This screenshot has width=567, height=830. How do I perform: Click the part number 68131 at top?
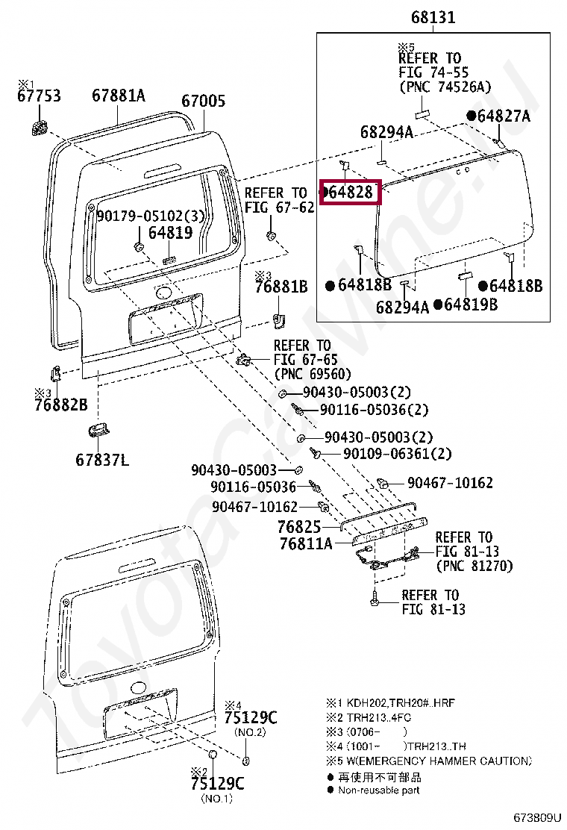433,18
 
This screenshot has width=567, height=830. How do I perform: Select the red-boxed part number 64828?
351,192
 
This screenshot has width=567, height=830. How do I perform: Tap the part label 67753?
40,96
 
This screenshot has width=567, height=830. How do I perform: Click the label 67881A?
119,96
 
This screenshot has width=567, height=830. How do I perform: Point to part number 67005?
203,101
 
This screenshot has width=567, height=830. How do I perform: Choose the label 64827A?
504,116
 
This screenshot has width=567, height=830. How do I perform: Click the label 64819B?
471,305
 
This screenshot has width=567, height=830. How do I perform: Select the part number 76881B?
281,286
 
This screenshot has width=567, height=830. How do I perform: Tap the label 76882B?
60,405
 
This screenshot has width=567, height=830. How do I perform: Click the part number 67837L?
101,460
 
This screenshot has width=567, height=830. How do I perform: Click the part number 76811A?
306,544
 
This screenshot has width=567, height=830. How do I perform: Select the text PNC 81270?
474,566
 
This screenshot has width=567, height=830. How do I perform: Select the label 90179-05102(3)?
151,216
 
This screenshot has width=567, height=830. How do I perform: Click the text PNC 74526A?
445,87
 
